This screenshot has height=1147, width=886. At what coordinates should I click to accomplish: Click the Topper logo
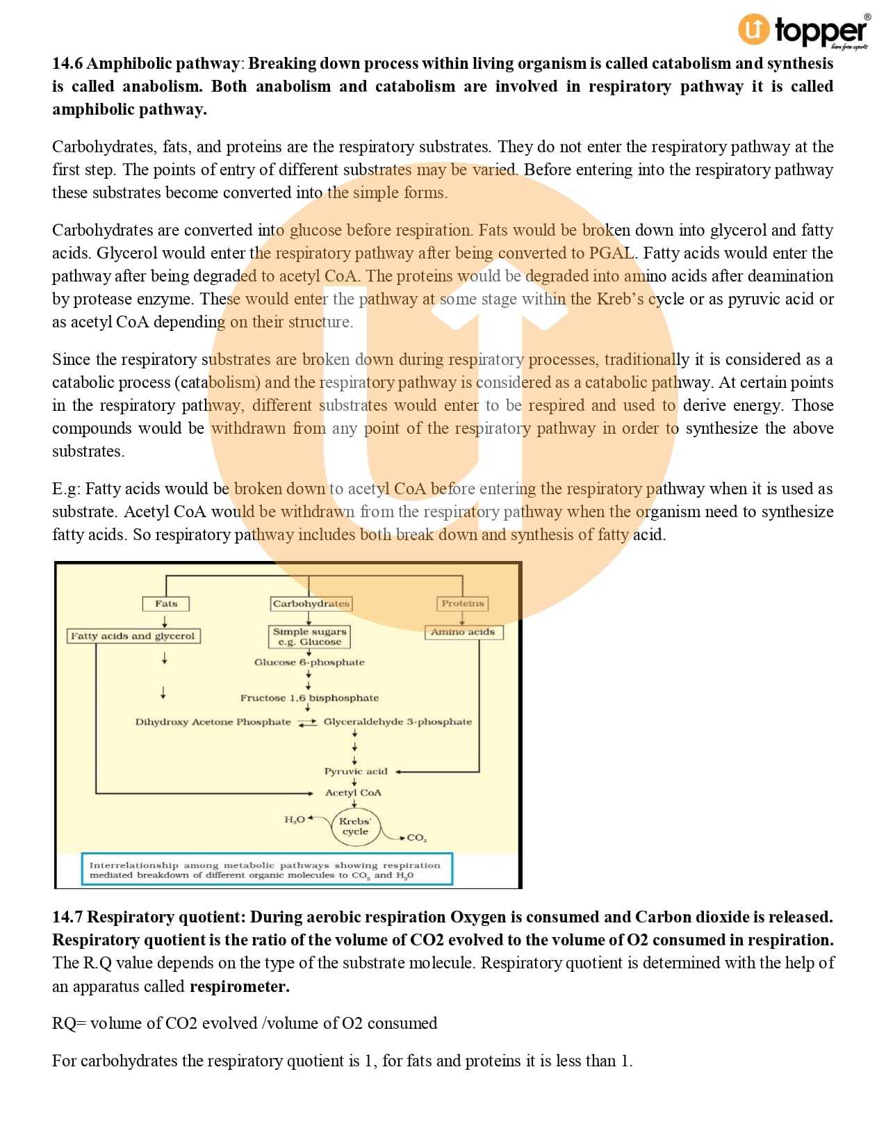coord(803,31)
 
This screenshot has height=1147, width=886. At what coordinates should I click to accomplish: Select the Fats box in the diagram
coord(166,603)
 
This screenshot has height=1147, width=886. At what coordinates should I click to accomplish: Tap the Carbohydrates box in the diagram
coord(311,603)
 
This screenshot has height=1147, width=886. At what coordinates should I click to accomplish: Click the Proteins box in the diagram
coord(463,603)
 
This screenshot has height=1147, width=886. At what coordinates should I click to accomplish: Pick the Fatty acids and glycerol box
coord(133,636)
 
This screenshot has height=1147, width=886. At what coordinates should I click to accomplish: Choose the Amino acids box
coord(463,632)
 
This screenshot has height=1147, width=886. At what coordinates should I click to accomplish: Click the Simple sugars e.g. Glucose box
coord(309,637)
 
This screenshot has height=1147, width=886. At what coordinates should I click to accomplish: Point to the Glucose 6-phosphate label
coord(309,662)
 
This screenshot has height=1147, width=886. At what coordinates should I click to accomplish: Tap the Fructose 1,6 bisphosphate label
coord(309,698)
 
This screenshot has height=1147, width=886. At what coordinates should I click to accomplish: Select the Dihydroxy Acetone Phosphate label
coord(213,722)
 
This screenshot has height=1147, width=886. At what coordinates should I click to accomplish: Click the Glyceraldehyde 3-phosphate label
coord(397,722)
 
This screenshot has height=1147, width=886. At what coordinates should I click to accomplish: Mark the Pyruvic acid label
coord(356,772)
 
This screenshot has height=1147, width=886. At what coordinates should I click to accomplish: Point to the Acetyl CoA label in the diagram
coord(353,793)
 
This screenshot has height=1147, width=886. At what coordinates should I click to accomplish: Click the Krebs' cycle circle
coord(355,827)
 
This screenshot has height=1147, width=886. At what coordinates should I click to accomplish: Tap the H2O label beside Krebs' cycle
coord(295,820)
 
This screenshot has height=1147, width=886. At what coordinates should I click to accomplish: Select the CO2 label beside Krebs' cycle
coord(417,838)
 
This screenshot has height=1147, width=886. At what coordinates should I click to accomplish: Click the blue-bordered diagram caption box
coord(267,870)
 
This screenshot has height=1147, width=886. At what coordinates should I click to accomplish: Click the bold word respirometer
coord(239,986)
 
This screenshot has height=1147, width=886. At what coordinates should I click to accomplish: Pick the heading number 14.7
coord(67,917)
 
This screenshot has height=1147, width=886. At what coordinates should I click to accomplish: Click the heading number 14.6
coord(67,63)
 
